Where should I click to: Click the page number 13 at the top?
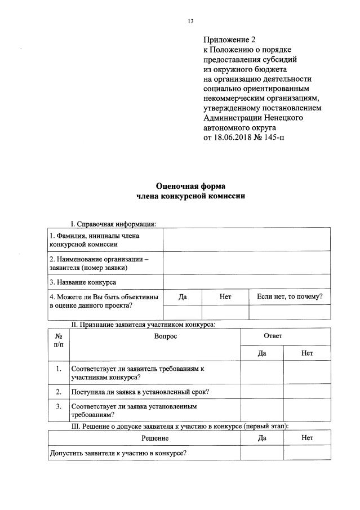click(x=190, y=21)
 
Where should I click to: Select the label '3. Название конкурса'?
click(x=83, y=282)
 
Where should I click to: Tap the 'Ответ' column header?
click(x=273, y=336)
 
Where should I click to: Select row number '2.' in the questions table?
click(x=59, y=392)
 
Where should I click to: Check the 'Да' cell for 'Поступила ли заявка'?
click(x=261, y=392)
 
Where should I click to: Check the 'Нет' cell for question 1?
click(x=307, y=372)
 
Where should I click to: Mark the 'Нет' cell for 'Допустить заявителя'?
click(x=307, y=453)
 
